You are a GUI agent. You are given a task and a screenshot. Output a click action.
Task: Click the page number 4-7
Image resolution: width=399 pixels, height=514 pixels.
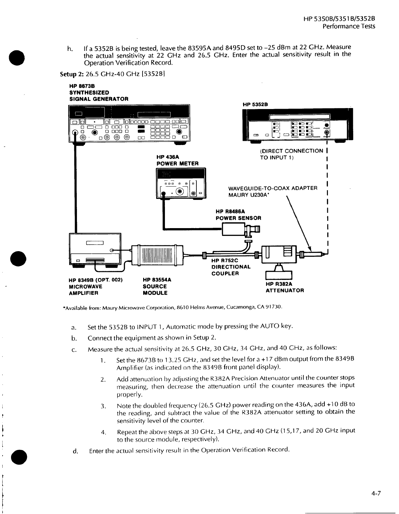coord(375,494)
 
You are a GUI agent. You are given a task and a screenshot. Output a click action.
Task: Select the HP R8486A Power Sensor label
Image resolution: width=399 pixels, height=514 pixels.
coord(238,214)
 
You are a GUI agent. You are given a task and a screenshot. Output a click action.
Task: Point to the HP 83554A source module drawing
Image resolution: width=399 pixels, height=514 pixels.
coord(157,254)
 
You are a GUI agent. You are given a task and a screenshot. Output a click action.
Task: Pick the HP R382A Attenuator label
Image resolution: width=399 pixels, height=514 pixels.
coord(285,287)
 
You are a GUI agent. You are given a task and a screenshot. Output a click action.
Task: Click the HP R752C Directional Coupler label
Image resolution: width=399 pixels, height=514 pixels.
coord(231,267)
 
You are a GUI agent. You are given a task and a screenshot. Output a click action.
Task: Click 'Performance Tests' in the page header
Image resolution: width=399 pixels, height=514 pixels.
coord(349,26)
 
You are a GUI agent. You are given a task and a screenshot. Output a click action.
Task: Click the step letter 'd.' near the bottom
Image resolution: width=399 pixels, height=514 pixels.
coord(76,451)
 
